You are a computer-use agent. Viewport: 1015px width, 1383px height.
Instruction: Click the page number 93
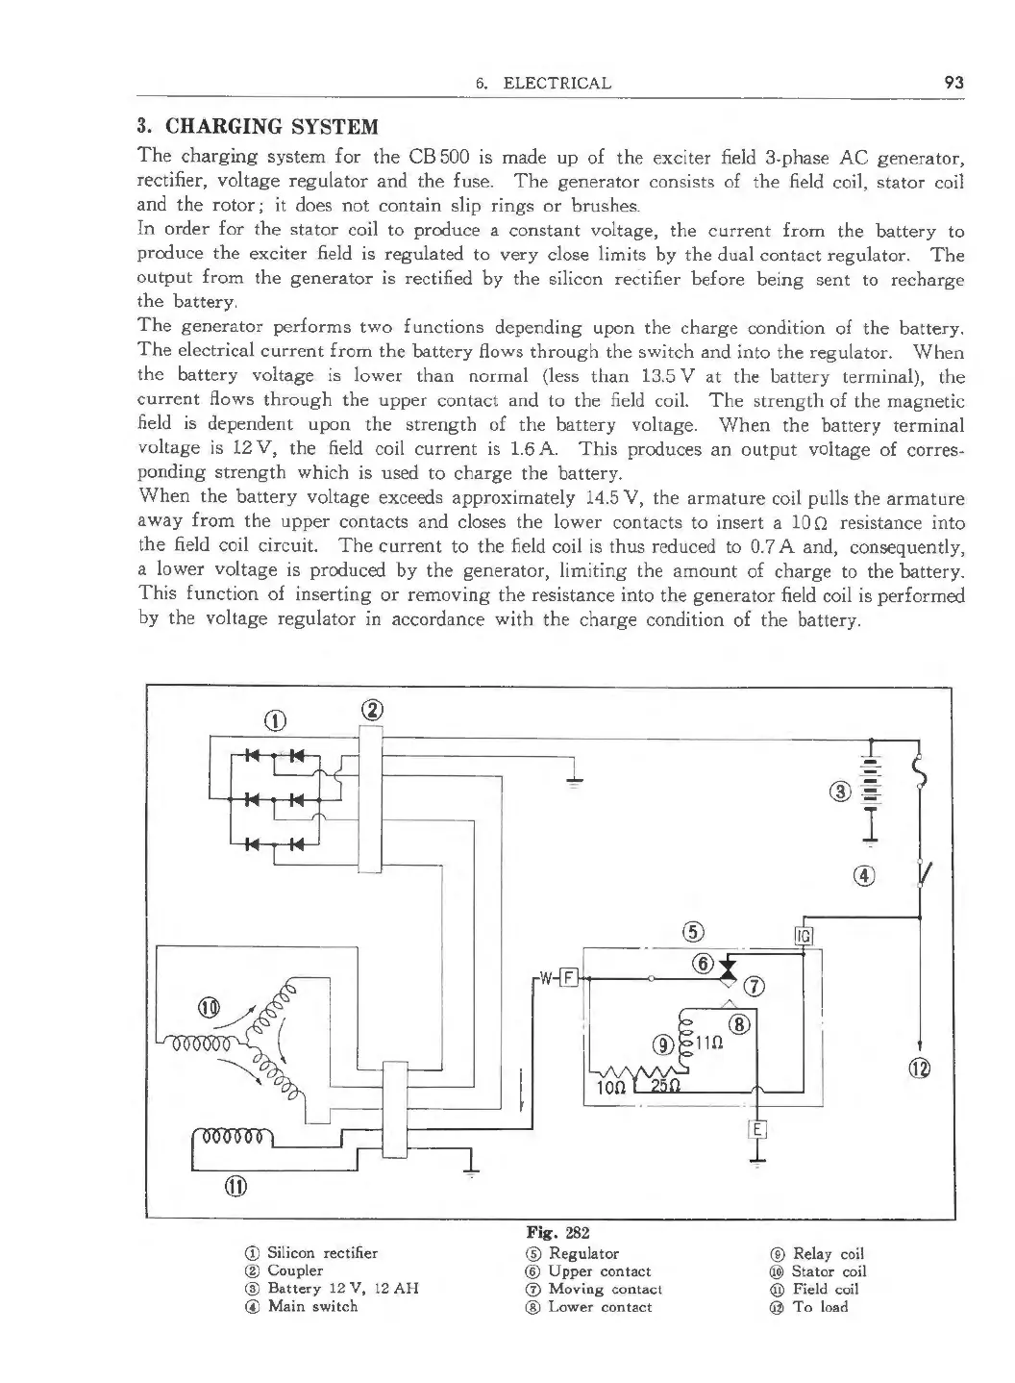(953, 83)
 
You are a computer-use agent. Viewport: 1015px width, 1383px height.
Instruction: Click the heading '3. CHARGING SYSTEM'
(258, 127)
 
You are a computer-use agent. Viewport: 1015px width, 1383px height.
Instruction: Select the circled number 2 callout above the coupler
(371, 710)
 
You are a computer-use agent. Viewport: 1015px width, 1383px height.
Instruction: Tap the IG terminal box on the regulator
(805, 936)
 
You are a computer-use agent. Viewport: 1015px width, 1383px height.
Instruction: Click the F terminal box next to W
(567, 979)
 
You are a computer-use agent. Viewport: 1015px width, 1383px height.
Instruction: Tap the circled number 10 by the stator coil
(209, 1008)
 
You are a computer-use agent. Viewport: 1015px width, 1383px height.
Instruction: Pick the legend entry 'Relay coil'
(828, 1253)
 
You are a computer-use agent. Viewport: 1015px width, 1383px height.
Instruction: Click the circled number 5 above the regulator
(693, 930)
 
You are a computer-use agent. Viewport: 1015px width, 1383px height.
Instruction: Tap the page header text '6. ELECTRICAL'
(543, 83)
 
